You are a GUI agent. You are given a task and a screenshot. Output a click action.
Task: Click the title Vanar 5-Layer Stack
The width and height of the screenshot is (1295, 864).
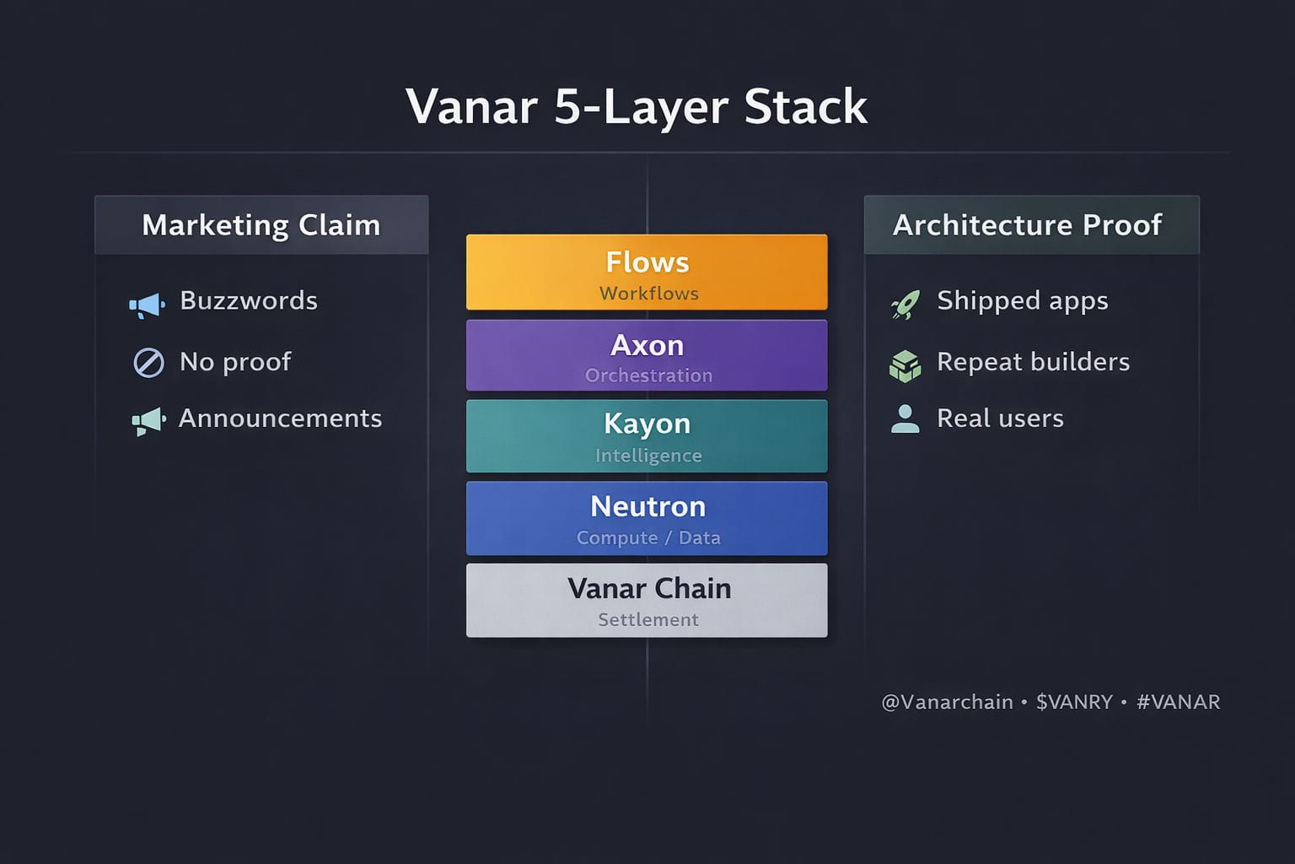tap(637, 107)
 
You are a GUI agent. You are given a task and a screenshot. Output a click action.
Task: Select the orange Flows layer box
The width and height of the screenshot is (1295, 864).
tap(647, 273)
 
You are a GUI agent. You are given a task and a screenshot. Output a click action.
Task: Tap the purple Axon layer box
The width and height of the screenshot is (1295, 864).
tap(647, 355)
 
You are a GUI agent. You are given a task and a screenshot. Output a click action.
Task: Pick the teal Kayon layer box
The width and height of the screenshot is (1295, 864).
tap(647, 436)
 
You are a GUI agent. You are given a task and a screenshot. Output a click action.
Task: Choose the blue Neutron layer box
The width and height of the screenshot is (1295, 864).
tap(647, 518)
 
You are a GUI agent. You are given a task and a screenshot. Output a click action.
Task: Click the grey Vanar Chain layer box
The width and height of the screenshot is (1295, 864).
tap(647, 600)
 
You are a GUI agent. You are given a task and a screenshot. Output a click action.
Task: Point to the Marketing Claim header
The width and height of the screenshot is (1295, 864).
tap(261, 225)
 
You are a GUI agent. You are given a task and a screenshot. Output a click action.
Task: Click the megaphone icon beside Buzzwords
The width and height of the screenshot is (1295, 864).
tap(147, 305)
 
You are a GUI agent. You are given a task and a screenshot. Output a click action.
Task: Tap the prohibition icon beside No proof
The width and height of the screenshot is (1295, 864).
tap(148, 363)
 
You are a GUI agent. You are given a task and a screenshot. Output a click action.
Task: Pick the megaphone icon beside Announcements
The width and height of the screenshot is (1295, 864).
tap(148, 420)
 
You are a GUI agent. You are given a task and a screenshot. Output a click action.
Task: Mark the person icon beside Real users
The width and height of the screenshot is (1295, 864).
tap(905, 418)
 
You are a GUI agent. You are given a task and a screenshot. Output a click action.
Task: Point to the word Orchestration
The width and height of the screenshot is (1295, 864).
tap(648, 375)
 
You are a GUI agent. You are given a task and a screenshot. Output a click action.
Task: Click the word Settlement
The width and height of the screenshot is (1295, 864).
tap(648, 619)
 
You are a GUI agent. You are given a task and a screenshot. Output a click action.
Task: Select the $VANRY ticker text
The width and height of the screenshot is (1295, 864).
tap(1074, 702)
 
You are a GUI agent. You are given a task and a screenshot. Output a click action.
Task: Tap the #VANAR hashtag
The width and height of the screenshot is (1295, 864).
tap(1178, 702)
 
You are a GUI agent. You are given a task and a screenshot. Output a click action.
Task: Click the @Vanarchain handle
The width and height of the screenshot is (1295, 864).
tap(947, 702)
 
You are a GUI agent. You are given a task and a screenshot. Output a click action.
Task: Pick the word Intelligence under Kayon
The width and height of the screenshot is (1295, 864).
tap(648, 456)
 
